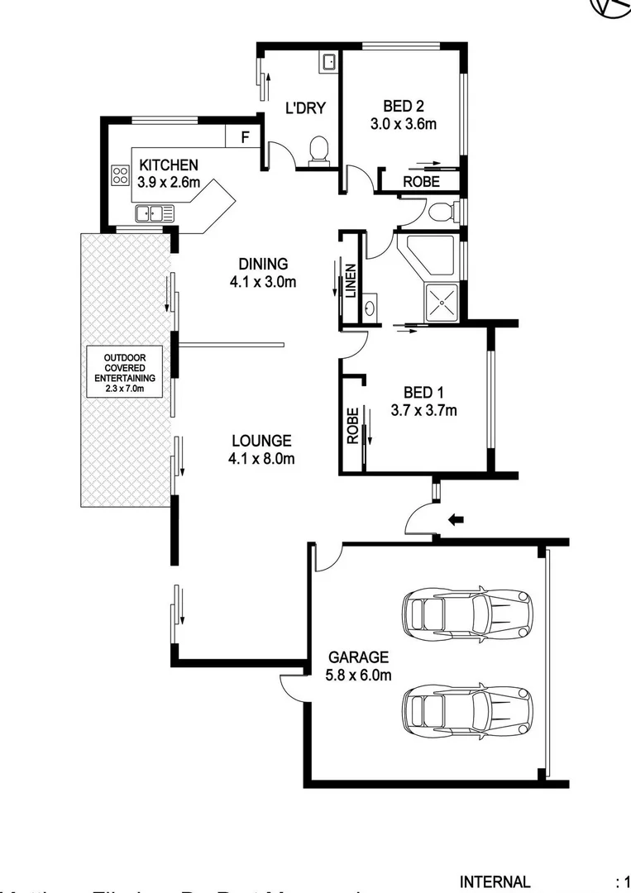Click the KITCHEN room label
(x=169, y=165)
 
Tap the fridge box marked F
(x=244, y=137)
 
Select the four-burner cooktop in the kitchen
(x=121, y=175)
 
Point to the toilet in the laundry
(x=318, y=150)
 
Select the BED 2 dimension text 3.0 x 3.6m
(x=404, y=125)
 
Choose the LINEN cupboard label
(x=351, y=281)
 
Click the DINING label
(x=263, y=265)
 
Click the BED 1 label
(x=423, y=392)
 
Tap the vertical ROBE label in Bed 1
(x=353, y=426)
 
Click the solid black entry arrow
(x=456, y=520)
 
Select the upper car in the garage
(x=466, y=613)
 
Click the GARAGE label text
(x=358, y=657)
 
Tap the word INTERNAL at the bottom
(x=495, y=881)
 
